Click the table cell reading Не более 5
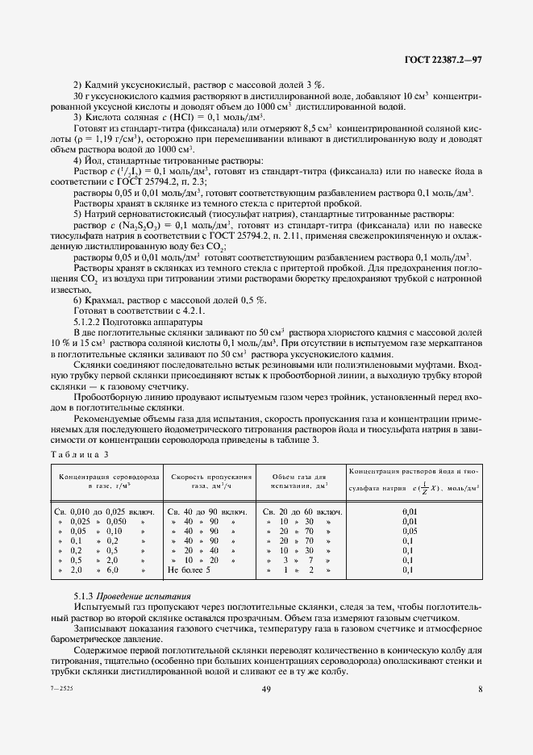point(189,570)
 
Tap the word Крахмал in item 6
point(106,298)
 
